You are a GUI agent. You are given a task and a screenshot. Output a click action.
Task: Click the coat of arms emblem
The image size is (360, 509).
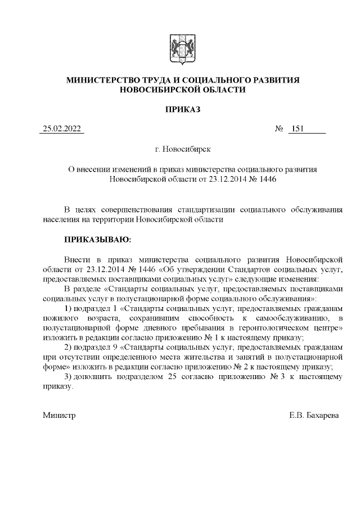click(180, 50)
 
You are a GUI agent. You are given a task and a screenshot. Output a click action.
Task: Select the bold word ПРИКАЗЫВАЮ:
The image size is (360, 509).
click(97, 240)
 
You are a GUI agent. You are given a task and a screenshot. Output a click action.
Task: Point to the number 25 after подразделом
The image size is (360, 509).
click(173, 377)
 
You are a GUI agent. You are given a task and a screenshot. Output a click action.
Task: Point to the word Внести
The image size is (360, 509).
click(76, 259)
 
